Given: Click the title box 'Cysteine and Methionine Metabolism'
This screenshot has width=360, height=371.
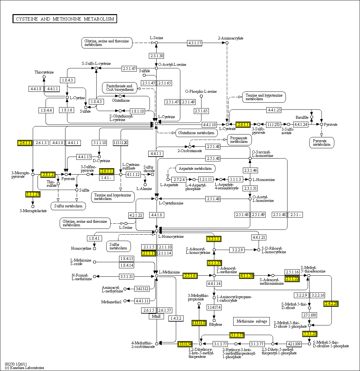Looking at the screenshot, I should coord(65,19).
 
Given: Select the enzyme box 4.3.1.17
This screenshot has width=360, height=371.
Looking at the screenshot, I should coord(195,43).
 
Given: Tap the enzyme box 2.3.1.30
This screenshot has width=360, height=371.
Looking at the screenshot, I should coord(156,56).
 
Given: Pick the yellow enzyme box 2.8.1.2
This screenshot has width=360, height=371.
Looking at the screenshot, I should coord(48,175).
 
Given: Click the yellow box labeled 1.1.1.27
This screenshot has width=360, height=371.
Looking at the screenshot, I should coord(33,194).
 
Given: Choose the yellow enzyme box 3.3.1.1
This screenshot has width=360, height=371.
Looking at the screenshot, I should coord(214,239).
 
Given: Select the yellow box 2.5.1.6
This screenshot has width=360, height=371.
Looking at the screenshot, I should coord(190,276).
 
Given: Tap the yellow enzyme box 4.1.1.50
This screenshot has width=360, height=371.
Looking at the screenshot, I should coord(246,276).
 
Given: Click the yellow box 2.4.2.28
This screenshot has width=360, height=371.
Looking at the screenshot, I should coord(331,304).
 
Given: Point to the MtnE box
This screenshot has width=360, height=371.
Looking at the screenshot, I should coord(156,316).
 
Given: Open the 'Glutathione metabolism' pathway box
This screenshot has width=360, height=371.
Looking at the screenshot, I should coord(196,133).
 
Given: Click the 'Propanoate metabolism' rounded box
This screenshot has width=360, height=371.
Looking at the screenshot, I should coord(239,140).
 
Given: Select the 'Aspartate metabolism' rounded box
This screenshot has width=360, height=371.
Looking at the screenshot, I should coord(195,168).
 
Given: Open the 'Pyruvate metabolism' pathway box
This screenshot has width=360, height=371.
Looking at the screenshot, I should coord(322,143).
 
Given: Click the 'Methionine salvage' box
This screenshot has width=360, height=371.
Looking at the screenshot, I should coord(252,321).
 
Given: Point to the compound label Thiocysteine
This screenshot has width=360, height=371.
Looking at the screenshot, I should coord(44,72).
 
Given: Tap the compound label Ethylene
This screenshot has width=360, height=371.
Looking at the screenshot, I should coord(216,324).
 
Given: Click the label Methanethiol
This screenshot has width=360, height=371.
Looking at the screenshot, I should coord(111,302).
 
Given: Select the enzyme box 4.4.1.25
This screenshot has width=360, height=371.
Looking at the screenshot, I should coord(274,110).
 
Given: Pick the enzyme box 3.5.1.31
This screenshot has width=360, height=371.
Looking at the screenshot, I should coord(126,276).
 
